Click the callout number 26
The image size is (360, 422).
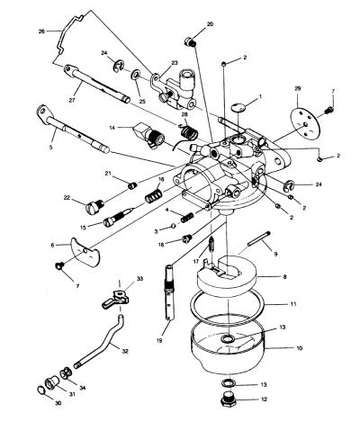(41, 31)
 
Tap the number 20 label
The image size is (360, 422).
(210, 24)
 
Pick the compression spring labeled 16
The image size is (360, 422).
(153, 195)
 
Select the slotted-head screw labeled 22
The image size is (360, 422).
(94, 207)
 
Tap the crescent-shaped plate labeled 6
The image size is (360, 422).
(85, 251)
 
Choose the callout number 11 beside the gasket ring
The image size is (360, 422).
(293, 304)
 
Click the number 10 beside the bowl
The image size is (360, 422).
(299, 348)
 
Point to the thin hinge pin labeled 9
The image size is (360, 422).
(259, 238)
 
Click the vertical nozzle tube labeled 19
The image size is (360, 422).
(170, 292)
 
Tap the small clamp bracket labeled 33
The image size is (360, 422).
(116, 299)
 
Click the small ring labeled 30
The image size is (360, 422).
(41, 391)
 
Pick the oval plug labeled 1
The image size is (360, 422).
(238, 107)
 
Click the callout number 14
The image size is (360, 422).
(112, 128)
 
